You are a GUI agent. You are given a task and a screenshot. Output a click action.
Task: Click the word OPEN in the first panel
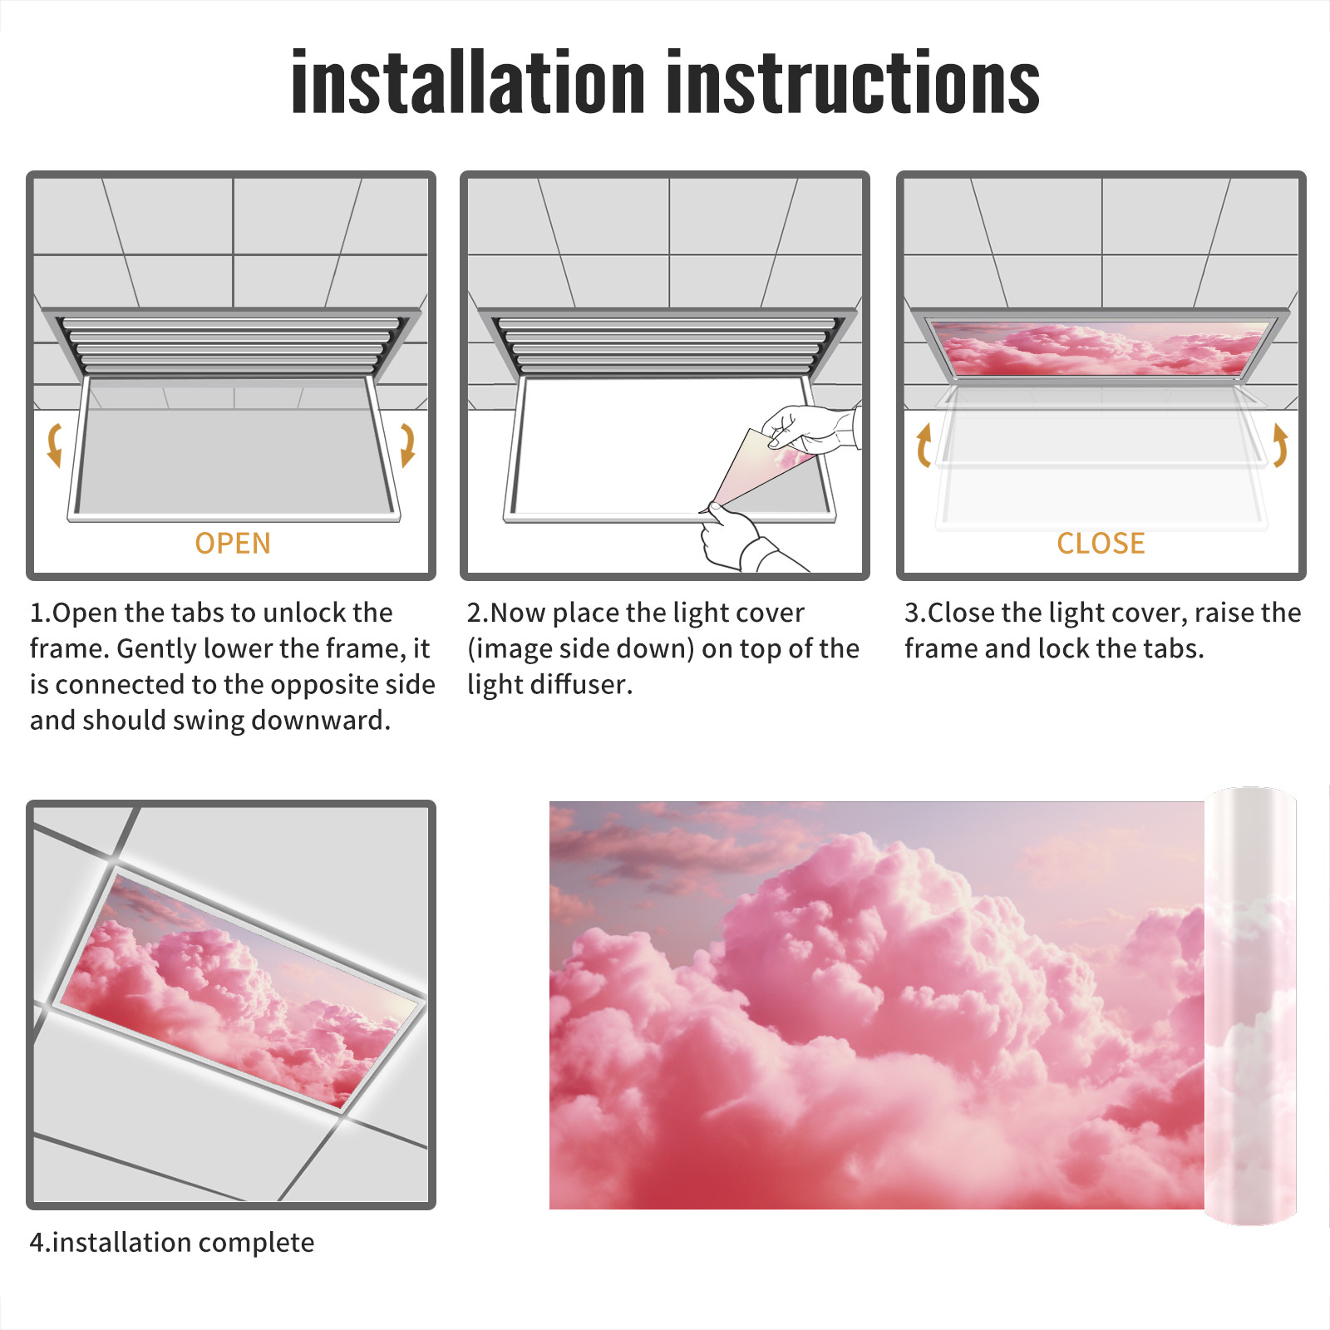(x=233, y=544)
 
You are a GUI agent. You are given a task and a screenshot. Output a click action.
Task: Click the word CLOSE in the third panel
(x=1101, y=544)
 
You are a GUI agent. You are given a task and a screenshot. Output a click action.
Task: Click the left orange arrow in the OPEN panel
(x=54, y=445)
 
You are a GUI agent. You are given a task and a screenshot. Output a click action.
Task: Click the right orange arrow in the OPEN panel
(x=407, y=445)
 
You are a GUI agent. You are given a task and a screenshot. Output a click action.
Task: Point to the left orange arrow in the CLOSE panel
(x=924, y=445)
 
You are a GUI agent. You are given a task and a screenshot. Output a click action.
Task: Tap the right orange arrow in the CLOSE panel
(x=1280, y=445)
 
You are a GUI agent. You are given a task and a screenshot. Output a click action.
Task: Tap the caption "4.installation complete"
(x=172, y=1243)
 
